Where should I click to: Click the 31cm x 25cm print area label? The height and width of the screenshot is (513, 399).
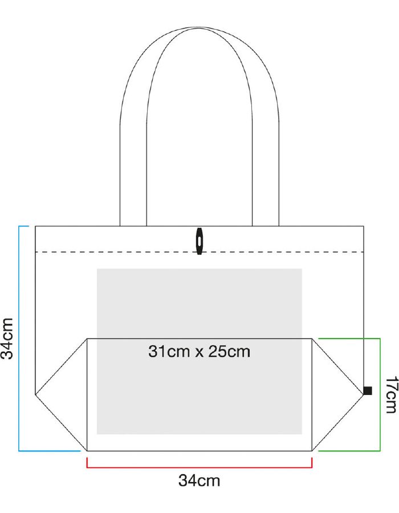coord(199,351)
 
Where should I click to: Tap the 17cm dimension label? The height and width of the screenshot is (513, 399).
coord(391,394)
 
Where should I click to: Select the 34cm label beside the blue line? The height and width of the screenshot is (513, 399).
coord(7,339)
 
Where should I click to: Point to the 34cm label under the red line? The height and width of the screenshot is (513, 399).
coord(199,481)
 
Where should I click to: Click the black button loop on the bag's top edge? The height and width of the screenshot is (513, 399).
coord(199,241)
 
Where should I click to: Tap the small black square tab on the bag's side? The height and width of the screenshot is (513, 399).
coord(368,390)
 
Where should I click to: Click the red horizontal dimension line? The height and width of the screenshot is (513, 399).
coord(199,467)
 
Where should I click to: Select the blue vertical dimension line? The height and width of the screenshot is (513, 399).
coord(19,339)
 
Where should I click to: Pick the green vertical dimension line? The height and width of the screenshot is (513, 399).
coord(380,394)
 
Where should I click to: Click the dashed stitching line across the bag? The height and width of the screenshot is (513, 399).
coord(199,252)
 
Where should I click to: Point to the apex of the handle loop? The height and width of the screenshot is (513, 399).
coord(199,27)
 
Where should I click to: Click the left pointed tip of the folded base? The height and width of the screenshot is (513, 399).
coord(35,394)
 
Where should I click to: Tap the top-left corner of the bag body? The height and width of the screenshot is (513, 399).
coord(35,226)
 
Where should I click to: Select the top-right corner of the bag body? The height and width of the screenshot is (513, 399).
coord(364,226)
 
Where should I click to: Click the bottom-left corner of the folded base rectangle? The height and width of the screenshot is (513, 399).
coord(87,451)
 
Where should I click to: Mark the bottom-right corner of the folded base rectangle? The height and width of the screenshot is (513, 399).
coord(312,451)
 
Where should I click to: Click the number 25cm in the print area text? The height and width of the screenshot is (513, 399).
coord(229,351)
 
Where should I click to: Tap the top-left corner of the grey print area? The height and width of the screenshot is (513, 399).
coord(97,269)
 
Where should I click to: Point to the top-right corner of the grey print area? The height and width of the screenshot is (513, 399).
coord(302,269)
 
